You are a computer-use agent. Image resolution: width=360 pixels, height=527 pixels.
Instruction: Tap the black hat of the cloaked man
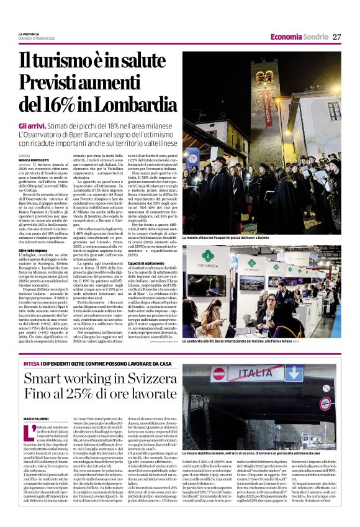pyautogui.click(x=220, y=160)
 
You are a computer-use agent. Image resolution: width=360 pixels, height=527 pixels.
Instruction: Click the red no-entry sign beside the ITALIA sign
pyautogui.click(x=219, y=374)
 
